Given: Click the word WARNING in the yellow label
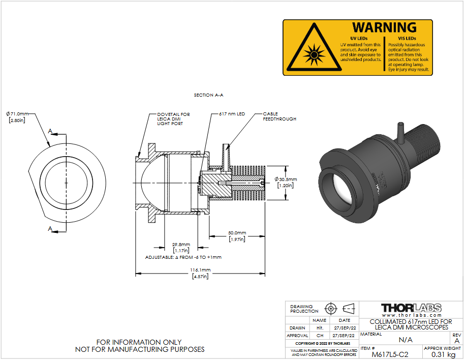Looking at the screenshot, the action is (384, 27).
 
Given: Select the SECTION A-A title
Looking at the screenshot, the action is (208, 95).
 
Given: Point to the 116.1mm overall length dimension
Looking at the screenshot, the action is (200, 270).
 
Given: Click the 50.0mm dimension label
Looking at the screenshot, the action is (237, 233).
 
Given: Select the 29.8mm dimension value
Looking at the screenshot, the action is (181, 245).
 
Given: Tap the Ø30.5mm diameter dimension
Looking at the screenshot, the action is (286, 179).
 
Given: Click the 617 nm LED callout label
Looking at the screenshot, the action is (232, 114).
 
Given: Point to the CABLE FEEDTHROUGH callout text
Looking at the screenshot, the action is (280, 116).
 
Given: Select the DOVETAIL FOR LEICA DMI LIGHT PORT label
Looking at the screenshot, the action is (173, 118).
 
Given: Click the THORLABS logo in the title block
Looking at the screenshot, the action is (411, 308).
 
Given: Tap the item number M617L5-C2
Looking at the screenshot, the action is (390, 354).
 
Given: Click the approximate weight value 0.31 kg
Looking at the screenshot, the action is (443, 354).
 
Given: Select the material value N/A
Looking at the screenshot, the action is (406, 340).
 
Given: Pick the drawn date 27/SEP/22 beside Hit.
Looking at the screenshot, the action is (345, 328).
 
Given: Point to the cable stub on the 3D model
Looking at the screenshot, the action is (400, 132).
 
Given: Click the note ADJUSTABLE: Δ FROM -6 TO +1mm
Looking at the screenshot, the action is (183, 257).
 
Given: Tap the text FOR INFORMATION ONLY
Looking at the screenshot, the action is (139, 342).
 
